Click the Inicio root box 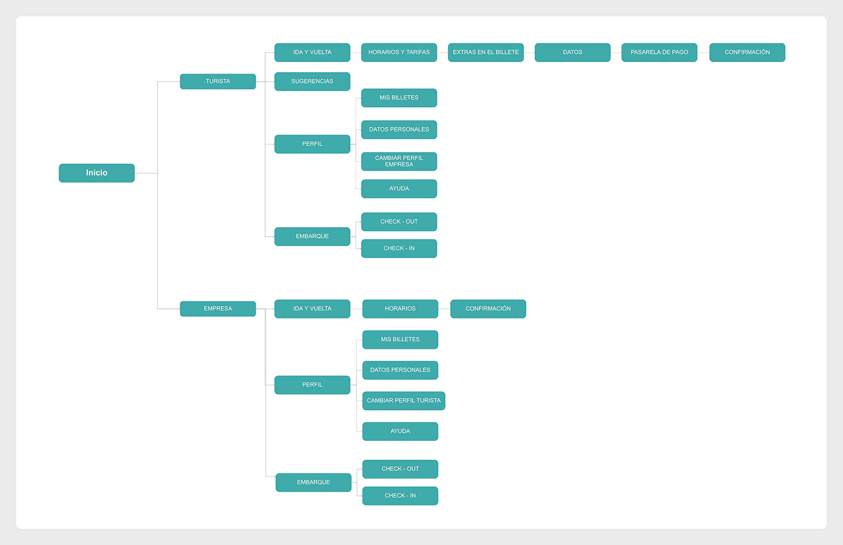(x=97, y=173)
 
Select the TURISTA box (x=218, y=81)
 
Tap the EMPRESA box (x=218, y=309)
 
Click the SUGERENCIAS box (x=312, y=81)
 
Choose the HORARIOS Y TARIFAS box (x=399, y=52)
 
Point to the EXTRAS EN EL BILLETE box (x=486, y=52)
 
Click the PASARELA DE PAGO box (x=659, y=52)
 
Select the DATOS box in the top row (x=572, y=52)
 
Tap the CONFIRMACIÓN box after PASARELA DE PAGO (x=748, y=52)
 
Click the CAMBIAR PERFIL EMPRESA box (x=399, y=161)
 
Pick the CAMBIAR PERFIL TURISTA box (x=404, y=401)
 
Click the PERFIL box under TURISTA (x=312, y=144)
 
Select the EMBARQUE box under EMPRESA (x=313, y=482)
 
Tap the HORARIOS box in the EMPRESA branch (x=400, y=309)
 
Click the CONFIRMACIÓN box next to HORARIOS (x=488, y=309)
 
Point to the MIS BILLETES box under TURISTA (x=399, y=98)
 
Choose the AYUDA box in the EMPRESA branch (x=400, y=431)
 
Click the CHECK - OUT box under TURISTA (x=399, y=222)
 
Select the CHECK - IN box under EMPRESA (x=400, y=495)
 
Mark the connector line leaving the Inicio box (x=146, y=173)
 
